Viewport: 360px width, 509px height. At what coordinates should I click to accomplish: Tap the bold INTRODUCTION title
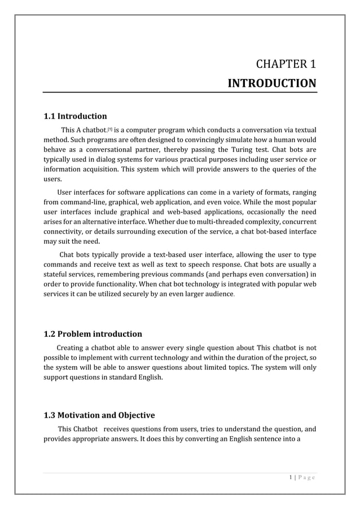271,84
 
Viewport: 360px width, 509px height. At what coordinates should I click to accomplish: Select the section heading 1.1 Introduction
75,116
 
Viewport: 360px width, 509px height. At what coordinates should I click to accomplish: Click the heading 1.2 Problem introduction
93,334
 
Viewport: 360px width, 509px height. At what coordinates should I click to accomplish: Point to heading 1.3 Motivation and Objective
99,415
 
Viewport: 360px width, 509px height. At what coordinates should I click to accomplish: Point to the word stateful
58,273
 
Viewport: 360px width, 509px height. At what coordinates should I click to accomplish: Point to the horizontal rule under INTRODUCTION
180,93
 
